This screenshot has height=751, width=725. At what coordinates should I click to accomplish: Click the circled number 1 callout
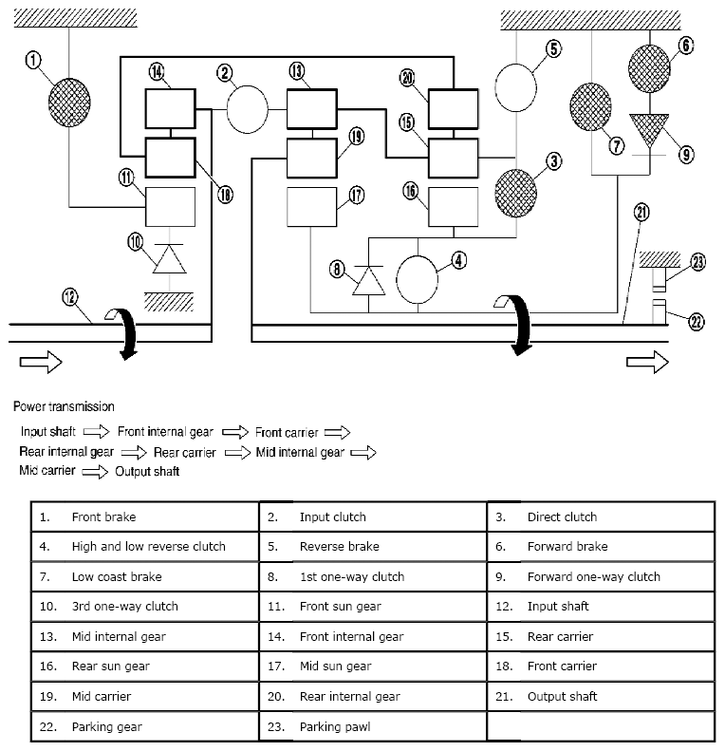pyautogui.click(x=34, y=62)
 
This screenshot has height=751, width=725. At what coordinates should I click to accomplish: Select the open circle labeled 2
pyautogui.click(x=247, y=108)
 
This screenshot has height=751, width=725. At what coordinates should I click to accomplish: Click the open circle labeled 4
pyautogui.click(x=418, y=277)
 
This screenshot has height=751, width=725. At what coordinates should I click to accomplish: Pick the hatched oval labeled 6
pyautogui.click(x=650, y=66)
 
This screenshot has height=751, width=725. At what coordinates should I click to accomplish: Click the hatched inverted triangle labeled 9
pyautogui.click(x=650, y=131)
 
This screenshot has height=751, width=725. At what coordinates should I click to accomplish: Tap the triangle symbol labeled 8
pyautogui.click(x=367, y=280)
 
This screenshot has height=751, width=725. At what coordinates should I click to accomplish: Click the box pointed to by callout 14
pyautogui.click(x=170, y=108)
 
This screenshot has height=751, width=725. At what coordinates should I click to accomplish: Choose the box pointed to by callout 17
pyautogui.click(x=311, y=206)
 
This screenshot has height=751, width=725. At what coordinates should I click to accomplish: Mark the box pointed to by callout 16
pyautogui.click(x=453, y=206)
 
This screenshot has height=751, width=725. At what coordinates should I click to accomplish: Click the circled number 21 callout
pyautogui.click(x=642, y=213)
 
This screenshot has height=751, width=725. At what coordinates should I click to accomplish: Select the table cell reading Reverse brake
pyautogui.click(x=372, y=547)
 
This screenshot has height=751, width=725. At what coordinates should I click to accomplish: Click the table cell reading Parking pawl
pyautogui.click(x=372, y=727)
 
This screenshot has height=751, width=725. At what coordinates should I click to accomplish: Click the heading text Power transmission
pyautogui.click(x=64, y=407)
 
